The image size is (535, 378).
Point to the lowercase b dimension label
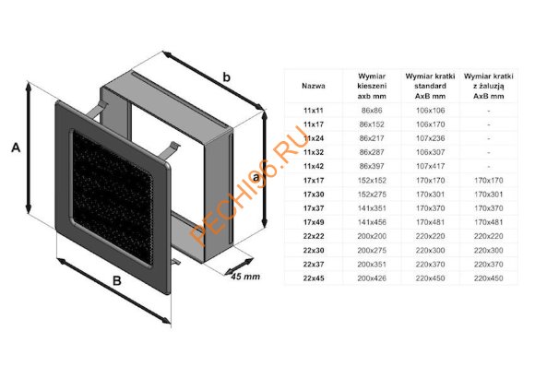pyautogui.click(x=225, y=81)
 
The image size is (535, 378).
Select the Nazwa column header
pyautogui.click(x=314, y=84)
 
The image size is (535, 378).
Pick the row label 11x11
pyautogui.click(x=314, y=110)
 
